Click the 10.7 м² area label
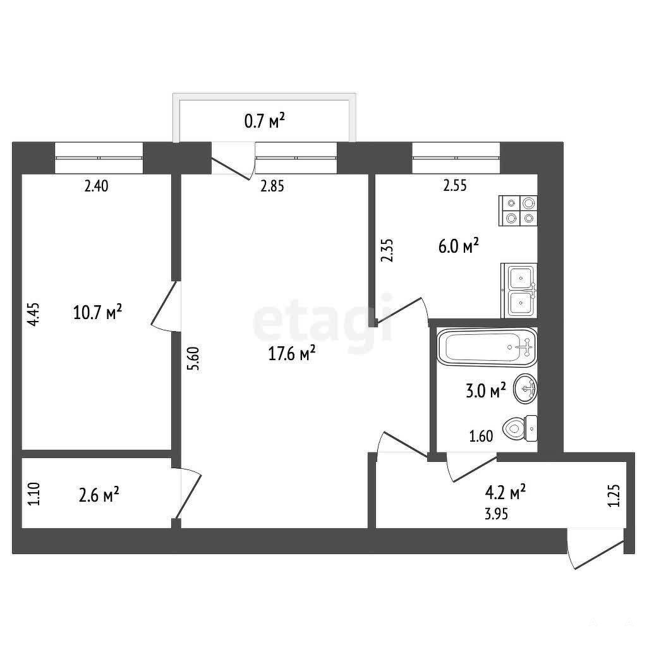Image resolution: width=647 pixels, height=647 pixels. (97, 312)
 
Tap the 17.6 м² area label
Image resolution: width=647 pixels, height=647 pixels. (292, 353)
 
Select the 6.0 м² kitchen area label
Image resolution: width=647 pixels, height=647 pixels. (459, 246)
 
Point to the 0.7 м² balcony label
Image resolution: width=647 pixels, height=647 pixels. (265, 121)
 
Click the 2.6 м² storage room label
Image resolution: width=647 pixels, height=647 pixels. (99, 495)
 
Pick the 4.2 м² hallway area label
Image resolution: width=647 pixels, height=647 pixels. (505, 492)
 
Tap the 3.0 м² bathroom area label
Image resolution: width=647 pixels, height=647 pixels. (486, 390)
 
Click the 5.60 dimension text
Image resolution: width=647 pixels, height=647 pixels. (193, 359)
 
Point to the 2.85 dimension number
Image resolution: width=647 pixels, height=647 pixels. (272, 186)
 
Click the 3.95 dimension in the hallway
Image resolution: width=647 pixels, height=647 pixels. (496, 514)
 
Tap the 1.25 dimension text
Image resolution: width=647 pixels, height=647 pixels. (614, 495)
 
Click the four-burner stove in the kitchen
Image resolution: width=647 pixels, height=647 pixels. (518, 210)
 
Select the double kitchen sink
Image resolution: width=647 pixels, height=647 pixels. (519, 291)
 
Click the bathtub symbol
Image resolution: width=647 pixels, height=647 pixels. (487, 347)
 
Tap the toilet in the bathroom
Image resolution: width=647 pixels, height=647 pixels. (520, 429)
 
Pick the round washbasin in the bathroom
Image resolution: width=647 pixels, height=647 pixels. (525, 389)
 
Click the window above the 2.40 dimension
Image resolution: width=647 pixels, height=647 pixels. (99, 157)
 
